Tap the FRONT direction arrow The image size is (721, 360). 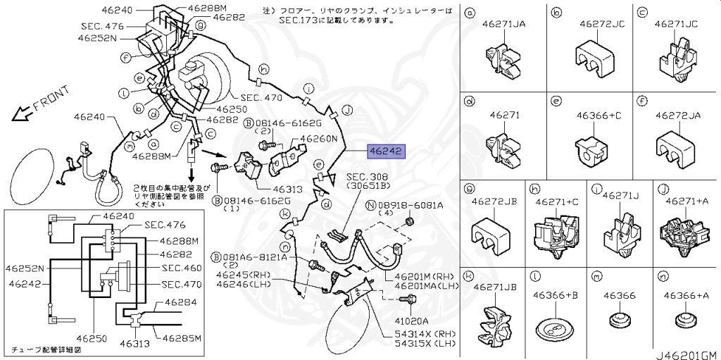click(x=25, y=109)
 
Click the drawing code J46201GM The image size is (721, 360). click(x=686, y=354)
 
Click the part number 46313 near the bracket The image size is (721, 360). click(x=269, y=190)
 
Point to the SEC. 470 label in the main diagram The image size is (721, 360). click(x=261, y=98)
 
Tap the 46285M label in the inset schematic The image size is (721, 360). click(x=182, y=338)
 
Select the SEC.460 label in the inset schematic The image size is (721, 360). click(x=182, y=268)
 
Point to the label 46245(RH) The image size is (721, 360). click(x=243, y=274)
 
